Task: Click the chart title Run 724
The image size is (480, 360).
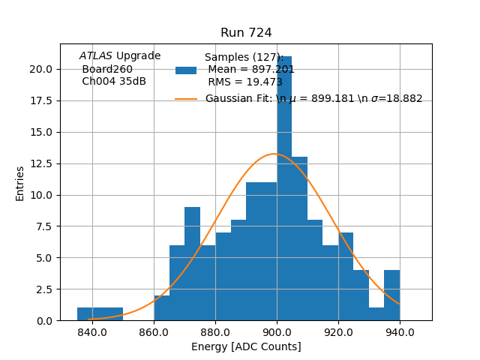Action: pos(246,33)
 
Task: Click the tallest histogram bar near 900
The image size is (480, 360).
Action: pos(284,187)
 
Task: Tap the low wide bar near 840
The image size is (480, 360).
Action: pos(100,314)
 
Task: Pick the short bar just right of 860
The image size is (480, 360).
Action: pos(161,308)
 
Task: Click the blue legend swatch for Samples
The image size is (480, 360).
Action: pos(186,70)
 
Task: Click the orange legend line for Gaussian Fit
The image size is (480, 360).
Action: pos(186,99)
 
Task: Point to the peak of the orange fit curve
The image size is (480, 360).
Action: pos(274,154)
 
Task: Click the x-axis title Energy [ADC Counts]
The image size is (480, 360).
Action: pos(246,346)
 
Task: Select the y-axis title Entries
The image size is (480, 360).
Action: pos(20,183)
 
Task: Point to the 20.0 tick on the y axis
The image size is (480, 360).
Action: pos(41,69)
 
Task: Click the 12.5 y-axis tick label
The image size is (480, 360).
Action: pos(41,163)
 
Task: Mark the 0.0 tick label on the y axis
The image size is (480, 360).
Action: pos(44,320)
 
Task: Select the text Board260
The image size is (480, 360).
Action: pos(107,69)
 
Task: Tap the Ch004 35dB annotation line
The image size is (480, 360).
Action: pos(114,81)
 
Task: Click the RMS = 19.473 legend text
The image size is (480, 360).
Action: pos(245,82)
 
